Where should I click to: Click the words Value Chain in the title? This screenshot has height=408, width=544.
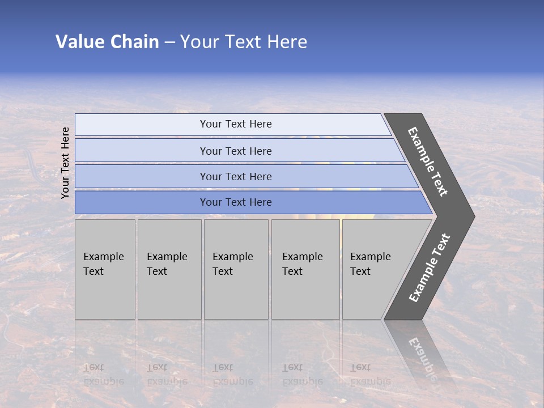(x=107, y=42)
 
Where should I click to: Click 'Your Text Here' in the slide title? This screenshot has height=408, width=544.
(x=244, y=42)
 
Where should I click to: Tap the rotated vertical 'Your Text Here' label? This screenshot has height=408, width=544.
(x=65, y=163)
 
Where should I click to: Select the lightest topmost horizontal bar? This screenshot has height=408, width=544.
(x=236, y=124)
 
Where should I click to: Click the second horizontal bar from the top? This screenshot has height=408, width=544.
(x=236, y=151)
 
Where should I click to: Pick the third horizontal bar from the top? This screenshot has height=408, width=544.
(x=236, y=176)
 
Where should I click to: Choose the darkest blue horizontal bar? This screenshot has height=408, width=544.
(x=236, y=202)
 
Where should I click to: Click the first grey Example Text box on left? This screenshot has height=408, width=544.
(x=105, y=269)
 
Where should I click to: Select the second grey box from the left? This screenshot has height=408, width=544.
(x=169, y=269)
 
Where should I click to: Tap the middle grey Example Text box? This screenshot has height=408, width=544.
(x=236, y=269)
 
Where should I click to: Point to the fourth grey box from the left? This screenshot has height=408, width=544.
(x=305, y=269)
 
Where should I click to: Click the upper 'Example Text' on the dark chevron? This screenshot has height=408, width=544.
(x=428, y=161)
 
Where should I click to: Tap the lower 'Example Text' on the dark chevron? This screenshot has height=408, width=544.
(x=429, y=268)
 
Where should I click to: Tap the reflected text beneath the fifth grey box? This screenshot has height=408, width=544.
(x=370, y=375)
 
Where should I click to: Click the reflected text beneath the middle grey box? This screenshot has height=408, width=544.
(x=232, y=375)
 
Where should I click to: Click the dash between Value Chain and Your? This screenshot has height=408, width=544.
(x=169, y=42)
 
